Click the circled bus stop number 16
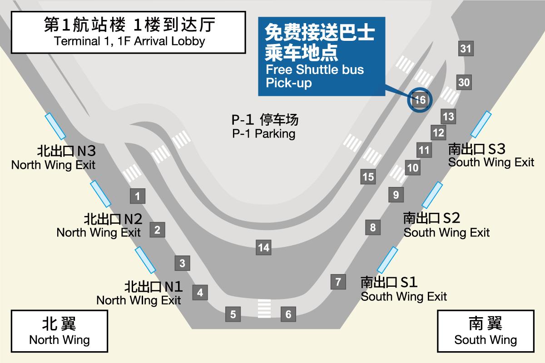(x=420, y=100)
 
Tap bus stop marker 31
(x=466, y=49)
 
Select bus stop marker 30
(x=464, y=82)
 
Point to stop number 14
(x=263, y=247)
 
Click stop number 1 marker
(x=138, y=196)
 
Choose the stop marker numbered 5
(x=233, y=314)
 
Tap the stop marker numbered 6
(x=288, y=314)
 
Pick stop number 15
(x=368, y=177)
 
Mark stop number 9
(x=396, y=195)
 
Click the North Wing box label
(x=59, y=331)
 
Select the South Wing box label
(x=486, y=331)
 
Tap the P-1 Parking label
(x=265, y=127)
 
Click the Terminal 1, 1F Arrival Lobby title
(x=129, y=32)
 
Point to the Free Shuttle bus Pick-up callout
(x=322, y=56)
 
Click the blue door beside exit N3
(x=55, y=126)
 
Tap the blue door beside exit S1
(x=387, y=260)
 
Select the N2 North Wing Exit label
(x=99, y=226)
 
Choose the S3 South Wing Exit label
(x=491, y=156)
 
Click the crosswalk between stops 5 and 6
(x=264, y=309)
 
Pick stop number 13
(x=448, y=117)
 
